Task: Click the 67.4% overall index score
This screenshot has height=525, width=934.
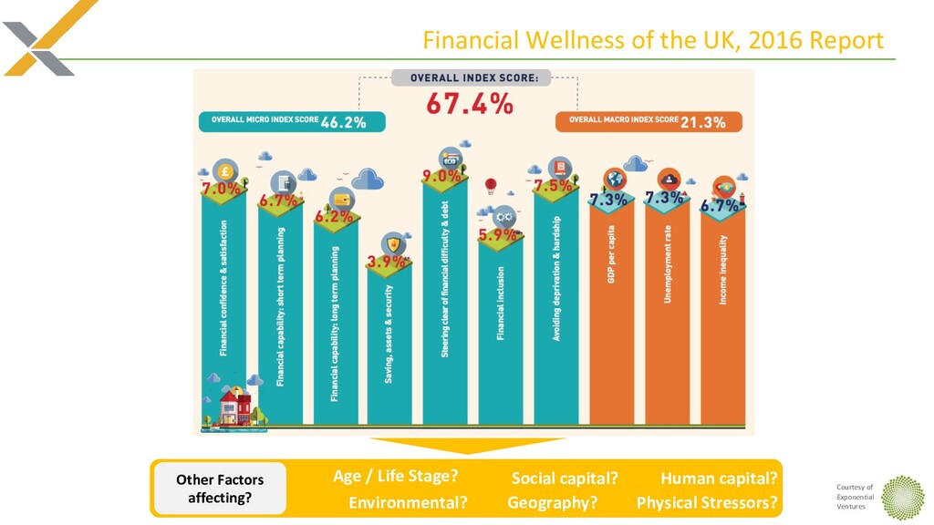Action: click(470, 105)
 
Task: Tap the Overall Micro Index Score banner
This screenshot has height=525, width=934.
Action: click(291, 121)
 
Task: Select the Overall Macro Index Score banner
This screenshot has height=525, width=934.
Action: click(648, 121)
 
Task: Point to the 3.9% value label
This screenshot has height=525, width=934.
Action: click(388, 262)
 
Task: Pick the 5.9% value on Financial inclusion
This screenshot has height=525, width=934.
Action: click(499, 234)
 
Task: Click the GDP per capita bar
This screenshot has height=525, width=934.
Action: click(611, 310)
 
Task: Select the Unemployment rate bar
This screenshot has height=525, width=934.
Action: click(667, 310)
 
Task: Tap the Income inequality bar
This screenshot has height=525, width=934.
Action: click(722, 314)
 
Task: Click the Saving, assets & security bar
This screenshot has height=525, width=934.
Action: click(389, 346)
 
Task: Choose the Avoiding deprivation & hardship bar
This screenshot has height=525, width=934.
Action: click(555, 301)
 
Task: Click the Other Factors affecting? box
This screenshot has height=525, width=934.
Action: click(220, 489)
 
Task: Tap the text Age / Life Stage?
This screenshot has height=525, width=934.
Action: click(395, 476)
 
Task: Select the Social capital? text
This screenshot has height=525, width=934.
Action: click(565, 479)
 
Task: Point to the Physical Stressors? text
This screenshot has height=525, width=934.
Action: click(707, 502)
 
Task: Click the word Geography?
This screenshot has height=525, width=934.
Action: click(553, 502)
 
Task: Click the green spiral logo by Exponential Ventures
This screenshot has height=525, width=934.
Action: click(902, 497)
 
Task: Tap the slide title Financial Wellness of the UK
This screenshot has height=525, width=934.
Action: click(653, 41)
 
